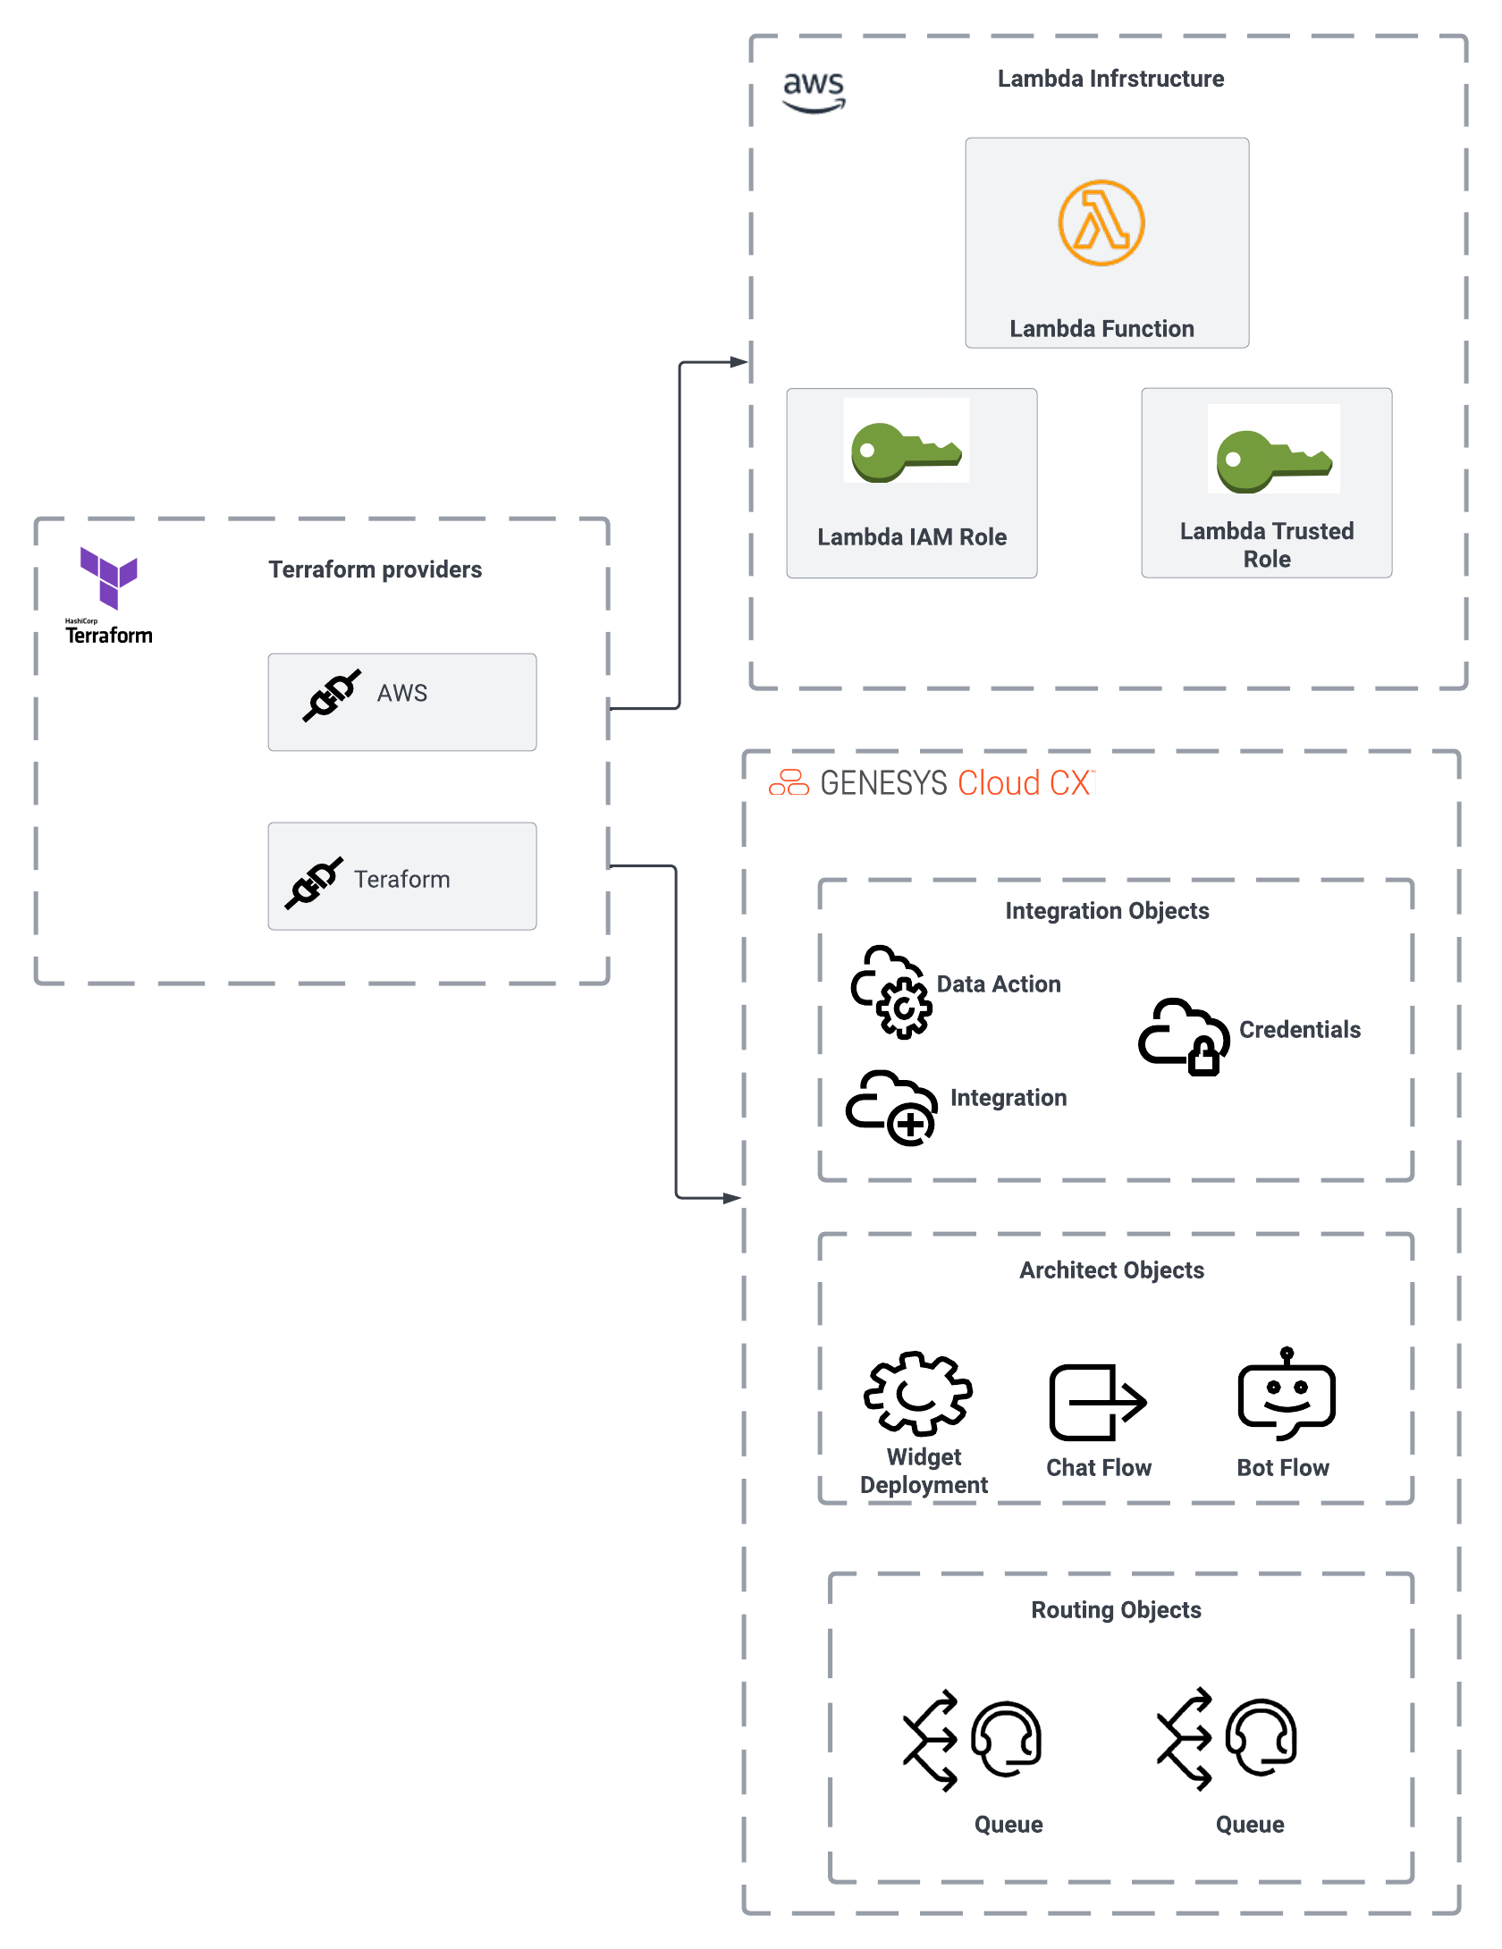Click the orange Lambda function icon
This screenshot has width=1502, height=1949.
pos(1101,223)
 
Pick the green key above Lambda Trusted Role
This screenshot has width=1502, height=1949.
pos(1273,460)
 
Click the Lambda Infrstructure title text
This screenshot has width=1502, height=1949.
pos(1110,79)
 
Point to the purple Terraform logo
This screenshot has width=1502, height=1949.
pos(109,578)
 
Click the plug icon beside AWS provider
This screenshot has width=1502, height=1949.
pos(332,695)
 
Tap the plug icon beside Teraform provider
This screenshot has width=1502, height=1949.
pos(314,882)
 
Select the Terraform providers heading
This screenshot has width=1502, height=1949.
pos(375,570)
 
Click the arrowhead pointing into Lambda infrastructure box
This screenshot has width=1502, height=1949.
pos(739,362)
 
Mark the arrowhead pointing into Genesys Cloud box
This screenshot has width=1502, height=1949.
pos(733,1198)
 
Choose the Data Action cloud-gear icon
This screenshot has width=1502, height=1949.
pos(891,992)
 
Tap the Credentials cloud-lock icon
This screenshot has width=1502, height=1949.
pos(1184,1036)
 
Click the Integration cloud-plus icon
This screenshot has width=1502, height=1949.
pos(891,1108)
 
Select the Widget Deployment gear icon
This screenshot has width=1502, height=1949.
pos(917,1393)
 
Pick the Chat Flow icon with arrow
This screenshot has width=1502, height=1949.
pos(1097,1402)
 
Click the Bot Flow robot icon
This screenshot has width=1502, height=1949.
pos(1287,1395)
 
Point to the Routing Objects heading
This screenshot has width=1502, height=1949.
pos(1116,1610)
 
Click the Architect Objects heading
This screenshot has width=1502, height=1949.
pos(1111,1270)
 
